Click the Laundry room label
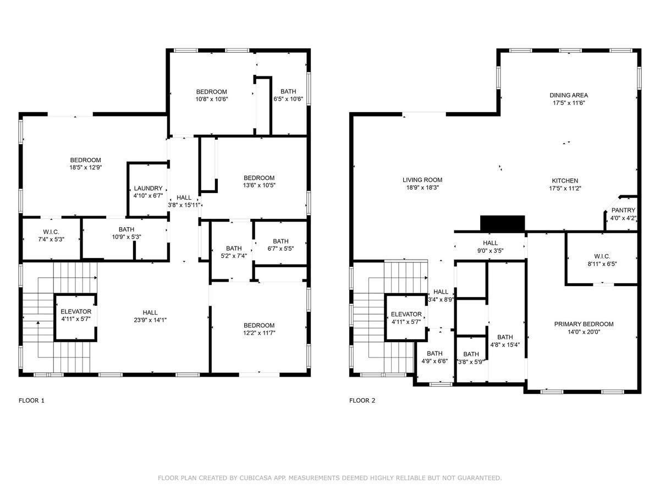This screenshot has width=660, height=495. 148,188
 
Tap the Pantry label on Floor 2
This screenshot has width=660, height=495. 623,210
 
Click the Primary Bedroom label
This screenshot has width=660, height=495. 583,324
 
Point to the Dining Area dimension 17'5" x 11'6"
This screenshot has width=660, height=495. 569,103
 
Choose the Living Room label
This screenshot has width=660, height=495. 422,180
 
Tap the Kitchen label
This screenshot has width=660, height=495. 565,180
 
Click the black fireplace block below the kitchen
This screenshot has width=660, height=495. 503,223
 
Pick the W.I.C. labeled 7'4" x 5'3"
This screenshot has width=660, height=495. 51,235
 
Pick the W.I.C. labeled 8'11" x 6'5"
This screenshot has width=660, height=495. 602,260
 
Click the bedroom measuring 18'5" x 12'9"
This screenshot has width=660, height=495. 85,163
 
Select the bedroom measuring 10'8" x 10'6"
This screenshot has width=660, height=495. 212,95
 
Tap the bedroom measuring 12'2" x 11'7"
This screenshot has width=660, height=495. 259,328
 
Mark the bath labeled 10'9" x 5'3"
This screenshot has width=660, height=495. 126,233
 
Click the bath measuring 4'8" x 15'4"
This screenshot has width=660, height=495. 505,341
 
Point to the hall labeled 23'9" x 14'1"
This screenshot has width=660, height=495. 150,316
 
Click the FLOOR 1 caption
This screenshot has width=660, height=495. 31,400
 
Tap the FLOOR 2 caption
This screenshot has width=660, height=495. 362,400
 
